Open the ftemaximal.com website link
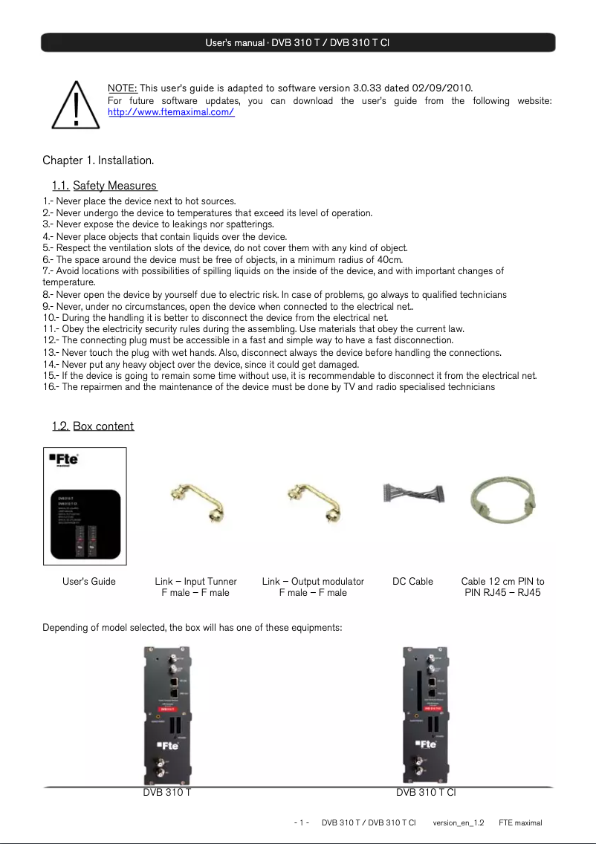tap(171, 113)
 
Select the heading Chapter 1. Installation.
tap(98, 160)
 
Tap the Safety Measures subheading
tap(114, 186)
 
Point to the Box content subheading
tap(103, 426)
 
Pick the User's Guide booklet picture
tap(85, 506)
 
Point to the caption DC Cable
tap(412, 582)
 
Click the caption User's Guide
tap(89, 582)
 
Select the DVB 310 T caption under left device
tap(167, 793)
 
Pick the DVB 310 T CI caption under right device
tap(426, 793)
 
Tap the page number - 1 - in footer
tap(302, 823)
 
